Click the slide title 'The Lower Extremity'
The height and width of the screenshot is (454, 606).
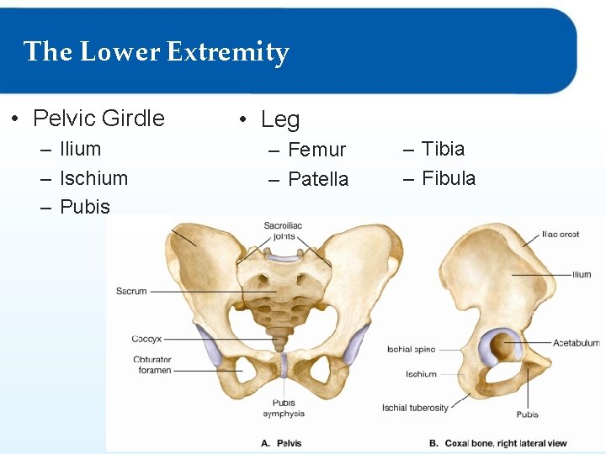pyautogui.click(x=157, y=52)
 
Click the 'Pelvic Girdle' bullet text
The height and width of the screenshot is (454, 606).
pyautogui.click(x=98, y=119)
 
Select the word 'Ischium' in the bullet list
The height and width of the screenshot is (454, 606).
pyautogui.click(x=93, y=178)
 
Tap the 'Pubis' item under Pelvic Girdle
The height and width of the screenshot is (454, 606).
pyautogui.click(x=85, y=207)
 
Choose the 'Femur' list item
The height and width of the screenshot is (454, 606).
pyautogui.click(x=316, y=150)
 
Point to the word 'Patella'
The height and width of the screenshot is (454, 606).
pyautogui.click(x=317, y=179)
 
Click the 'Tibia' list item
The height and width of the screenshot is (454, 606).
pyautogui.click(x=443, y=149)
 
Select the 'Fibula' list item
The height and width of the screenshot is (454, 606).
pyautogui.click(x=449, y=178)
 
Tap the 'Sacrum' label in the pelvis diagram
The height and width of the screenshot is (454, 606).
pyautogui.click(x=131, y=291)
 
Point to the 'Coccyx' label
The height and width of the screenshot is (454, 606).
pyautogui.click(x=147, y=339)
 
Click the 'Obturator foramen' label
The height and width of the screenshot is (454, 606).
pyautogui.click(x=151, y=365)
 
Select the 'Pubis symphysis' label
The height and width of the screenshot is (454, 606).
pyautogui.click(x=284, y=409)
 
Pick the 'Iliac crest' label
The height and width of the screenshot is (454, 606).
pyautogui.click(x=560, y=235)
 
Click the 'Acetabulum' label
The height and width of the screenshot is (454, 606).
pyautogui.click(x=577, y=343)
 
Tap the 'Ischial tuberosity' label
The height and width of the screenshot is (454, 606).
pyautogui.click(x=415, y=408)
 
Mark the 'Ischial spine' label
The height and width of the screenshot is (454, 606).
pyautogui.click(x=412, y=349)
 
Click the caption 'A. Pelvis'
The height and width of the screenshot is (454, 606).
pyautogui.click(x=281, y=443)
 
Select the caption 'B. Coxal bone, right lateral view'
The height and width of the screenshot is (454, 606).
pyautogui.click(x=497, y=443)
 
